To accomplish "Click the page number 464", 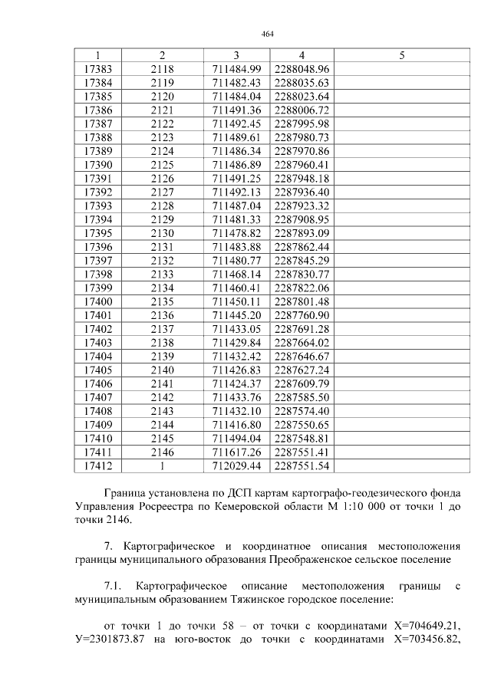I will tap(268, 34).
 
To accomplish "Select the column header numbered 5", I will tap(401, 55).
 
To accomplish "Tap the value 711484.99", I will tap(236, 69).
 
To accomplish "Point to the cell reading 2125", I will tap(162, 164).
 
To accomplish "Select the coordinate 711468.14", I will tap(236, 274).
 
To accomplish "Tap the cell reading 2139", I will tap(162, 356).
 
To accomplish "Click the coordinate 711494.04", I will tap(236, 438).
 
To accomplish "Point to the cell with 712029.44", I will tap(236, 465).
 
